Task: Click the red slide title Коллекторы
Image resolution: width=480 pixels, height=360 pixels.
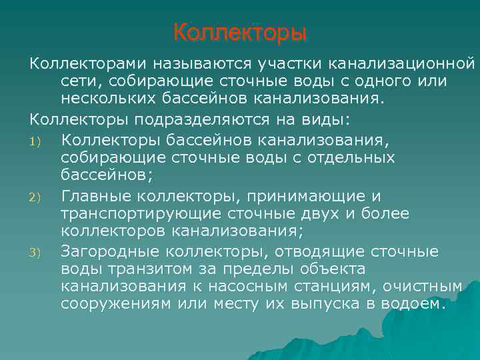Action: tap(239, 32)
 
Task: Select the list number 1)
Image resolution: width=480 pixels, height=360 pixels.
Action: tap(35, 141)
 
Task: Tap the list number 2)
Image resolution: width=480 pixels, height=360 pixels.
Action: tap(35, 197)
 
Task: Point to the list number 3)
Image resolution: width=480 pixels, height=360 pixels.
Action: tap(35, 253)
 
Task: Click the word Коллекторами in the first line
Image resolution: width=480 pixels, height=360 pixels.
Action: tap(89, 63)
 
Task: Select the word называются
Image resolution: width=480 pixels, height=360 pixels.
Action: tap(201, 63)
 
